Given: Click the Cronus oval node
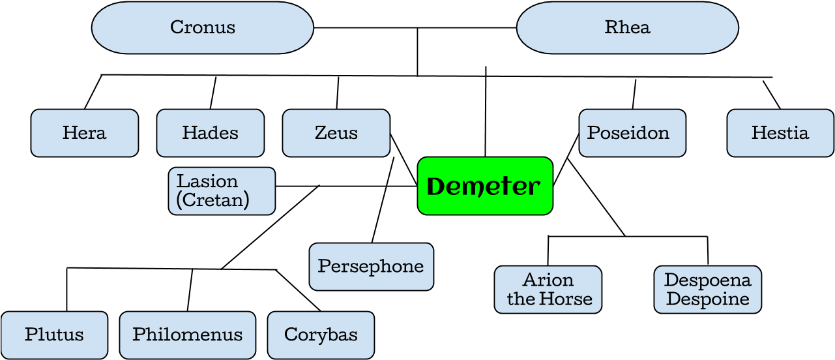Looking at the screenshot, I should tap(202, 27).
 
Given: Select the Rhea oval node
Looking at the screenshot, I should tap(627, 27).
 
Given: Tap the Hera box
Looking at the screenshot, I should tap(85, 133).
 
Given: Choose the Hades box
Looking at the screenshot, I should tap(211, 133).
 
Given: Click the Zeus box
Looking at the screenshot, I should tap(336, 133).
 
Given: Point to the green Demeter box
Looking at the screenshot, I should tap(485, 187).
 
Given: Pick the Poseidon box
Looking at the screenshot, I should tap(632, 133).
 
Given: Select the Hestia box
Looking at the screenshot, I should tap(780, 133).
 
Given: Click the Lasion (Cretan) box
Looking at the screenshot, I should tap(222, 191).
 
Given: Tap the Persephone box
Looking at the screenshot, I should tap(371, 267).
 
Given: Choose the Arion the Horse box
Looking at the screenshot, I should tap(548, 290).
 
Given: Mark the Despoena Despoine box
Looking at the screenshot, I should tap(707, 290).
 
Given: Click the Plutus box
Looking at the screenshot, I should tap(54, 335).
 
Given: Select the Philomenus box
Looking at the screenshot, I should tap(188, 335).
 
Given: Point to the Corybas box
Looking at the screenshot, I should tap(321, 335).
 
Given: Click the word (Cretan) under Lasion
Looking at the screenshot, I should tap(213, 200).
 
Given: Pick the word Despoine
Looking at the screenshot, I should tap(708, 299).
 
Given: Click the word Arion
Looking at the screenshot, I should tap(548, 280).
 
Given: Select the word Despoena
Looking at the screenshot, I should tap(708, 280).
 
